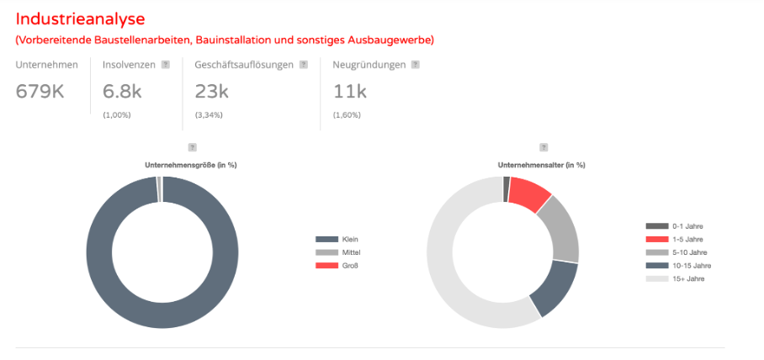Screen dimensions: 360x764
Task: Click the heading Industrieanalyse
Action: tap(80, 19)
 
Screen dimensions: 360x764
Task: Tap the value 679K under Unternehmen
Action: tap(40, 91)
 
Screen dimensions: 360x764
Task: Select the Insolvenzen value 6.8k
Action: tap(122, 91)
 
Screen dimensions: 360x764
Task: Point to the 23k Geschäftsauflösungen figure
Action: tap(210, 91)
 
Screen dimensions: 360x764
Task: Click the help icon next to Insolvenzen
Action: tap(166, 64)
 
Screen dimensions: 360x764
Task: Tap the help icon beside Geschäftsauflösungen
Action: tap(303, 64)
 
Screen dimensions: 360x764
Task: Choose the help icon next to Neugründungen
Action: tap(415, 64)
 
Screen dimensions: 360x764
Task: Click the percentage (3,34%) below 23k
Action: tap(209, 114)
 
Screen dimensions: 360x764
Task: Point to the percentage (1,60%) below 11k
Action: tap(348, 114)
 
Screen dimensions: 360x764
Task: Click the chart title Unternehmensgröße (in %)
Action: tap(191, 165)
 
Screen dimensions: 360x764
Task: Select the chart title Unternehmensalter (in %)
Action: tap(542, 165)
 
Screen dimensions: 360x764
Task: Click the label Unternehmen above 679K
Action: tap(47, 64)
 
